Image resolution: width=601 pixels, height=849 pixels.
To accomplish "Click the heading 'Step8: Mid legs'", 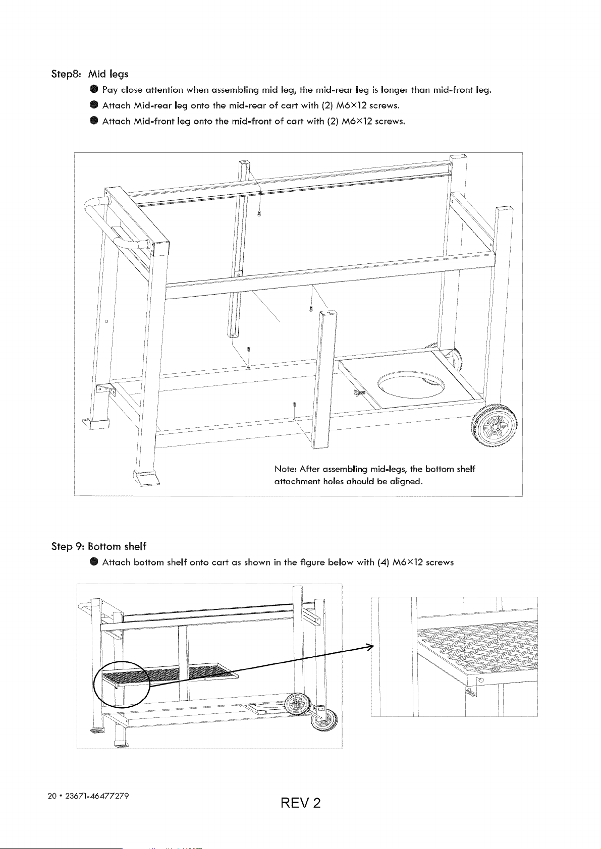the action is (x=90, y=74).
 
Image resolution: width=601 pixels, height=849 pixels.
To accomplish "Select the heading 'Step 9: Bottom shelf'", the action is (x=98, y=546).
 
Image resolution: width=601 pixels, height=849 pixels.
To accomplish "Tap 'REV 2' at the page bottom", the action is (x=301, y=803).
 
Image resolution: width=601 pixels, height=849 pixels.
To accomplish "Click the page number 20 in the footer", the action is (x=51, y=796).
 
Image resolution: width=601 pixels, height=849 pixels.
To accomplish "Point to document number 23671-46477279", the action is (x=97, y=796).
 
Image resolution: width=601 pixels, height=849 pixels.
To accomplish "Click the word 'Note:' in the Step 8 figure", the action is (x=286, y=469).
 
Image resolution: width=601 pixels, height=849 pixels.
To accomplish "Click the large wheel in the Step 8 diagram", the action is (x=494, y=426).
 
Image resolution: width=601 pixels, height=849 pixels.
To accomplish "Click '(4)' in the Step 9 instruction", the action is (x=383, y=562).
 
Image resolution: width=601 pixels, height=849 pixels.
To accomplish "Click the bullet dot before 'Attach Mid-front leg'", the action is (x=94, y=121).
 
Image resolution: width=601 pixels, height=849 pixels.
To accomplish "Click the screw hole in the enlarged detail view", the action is (x=481, y=681).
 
